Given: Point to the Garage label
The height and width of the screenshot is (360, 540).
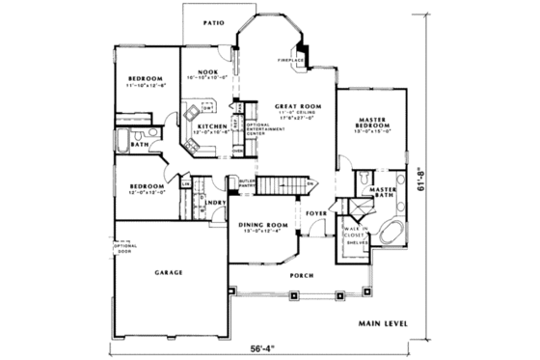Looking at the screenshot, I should click(x=169, y=273).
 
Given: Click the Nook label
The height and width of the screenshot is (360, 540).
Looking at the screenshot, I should click(x=206, y=72).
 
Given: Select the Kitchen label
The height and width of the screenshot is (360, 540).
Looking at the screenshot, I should click(x=212, y=126).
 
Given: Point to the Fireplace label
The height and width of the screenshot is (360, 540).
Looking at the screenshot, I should click(x=292, y=60).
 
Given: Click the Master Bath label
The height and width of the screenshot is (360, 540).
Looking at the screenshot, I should click(x=385, y=193).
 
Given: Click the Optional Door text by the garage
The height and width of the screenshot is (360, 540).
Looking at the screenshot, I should click(x=127, y=248).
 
